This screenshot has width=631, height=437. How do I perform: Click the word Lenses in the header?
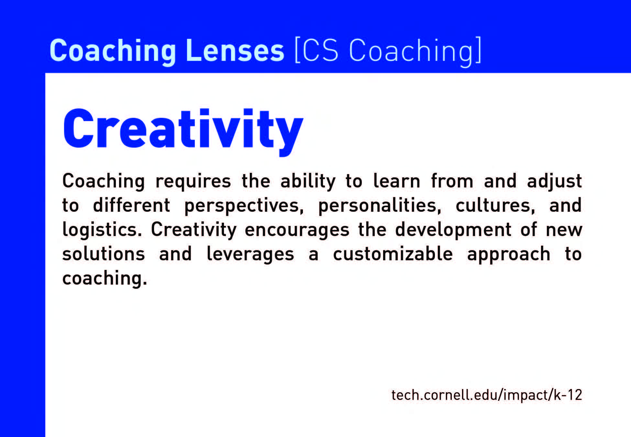click(x=235, y=51)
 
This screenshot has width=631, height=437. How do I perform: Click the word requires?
click(x=193, y=182)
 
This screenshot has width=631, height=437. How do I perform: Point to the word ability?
click(x=308, y=181)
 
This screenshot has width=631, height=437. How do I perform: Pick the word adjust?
click(x=554, y=181)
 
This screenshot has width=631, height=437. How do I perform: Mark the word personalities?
click(x=380, y=206)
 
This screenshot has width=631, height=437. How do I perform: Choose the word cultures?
click(x=495, y=206)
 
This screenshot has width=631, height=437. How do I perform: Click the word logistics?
click(x=102, y=230)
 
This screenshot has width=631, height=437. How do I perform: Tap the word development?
click(x=453, y=230)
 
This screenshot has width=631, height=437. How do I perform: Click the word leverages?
click(x=250, y=254)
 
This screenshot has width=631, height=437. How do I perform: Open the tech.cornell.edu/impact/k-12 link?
click(x=487, y=395)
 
